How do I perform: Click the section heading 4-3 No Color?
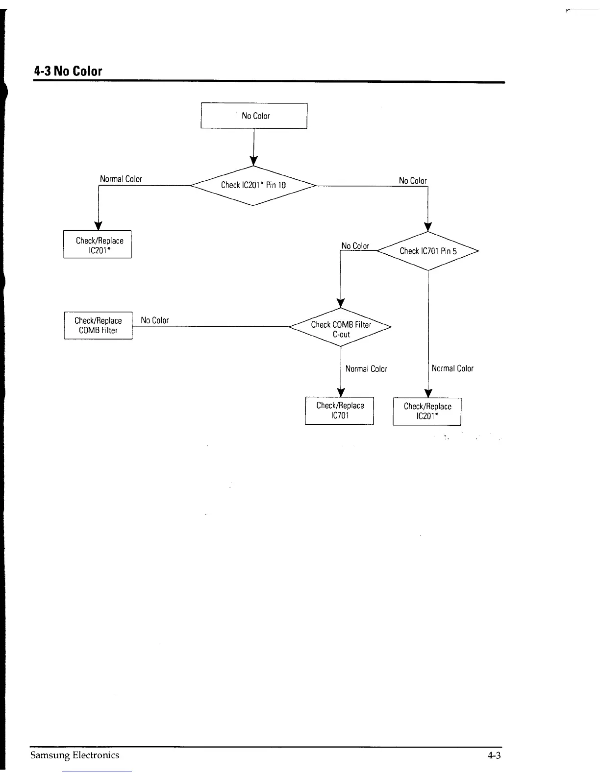pyautogui.click(x=68, y=71)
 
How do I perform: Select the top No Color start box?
pyautogui.click(x=254, y=116)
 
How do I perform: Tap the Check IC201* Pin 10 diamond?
pyautogui.click(x=253, y=185)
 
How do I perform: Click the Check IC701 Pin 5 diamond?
pyautogui.click(x=428, y=251)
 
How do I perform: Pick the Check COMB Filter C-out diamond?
pyautogui.click(x=341, y=329)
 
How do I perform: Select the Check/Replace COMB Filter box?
pyautogui.click(x=98, y=325)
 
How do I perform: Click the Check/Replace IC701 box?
pyautogui.click(x=340, y=411)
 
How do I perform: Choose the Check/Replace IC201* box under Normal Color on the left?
pyautogui.click(x=98, y=244)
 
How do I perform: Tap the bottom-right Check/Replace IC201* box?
pyautogui.click(x=427, y=412)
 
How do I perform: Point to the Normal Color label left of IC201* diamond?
pyautogui.click(x=121, y=179)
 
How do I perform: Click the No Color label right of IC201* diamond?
pyautogui.click(x=413, y=181)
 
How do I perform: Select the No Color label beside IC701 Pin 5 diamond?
pyautogui.click(x=355, y=245)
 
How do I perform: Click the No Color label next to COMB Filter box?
pyautogui.click(x=154, y=320)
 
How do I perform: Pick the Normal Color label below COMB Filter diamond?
pyautogui.click(x=366, y=369)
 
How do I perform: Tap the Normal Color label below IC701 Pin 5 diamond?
pyautogui.click(x=452, y=368)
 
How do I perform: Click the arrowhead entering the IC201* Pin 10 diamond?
pyautogui.click(x=253, y=161)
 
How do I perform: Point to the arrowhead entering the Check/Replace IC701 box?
pyautogui.click(x=341, y=392)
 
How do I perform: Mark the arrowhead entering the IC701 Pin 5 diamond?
pyautogui.click(x=428, y=226)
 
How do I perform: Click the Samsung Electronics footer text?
pyautogui.click(x=75, y=755)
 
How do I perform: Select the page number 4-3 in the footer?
pyautogui.click(x=494, y=755)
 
